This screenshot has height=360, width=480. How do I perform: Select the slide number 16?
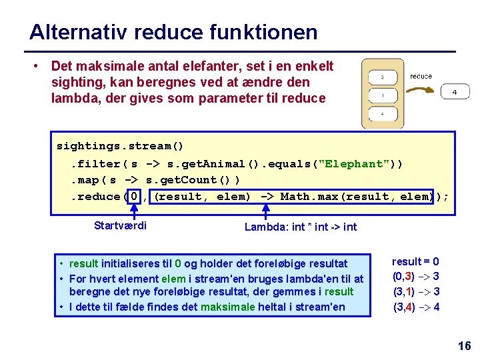click(464, 345)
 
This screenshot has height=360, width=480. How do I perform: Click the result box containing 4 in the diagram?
click(454, 92)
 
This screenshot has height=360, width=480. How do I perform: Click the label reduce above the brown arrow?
click(421, 76)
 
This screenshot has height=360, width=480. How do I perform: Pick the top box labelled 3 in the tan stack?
click(382, 77)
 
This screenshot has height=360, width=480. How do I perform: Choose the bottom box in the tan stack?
click(382, 114)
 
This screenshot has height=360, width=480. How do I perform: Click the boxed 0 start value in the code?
click(135, 197)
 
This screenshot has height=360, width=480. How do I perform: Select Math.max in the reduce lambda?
click(307, 197)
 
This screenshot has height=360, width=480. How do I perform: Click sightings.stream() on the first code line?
click(120, 146)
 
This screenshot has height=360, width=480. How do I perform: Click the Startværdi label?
click(121, 225)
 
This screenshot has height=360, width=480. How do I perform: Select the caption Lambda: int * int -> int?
click(300, 227)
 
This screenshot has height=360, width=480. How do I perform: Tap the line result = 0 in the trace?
click(415, 262)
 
